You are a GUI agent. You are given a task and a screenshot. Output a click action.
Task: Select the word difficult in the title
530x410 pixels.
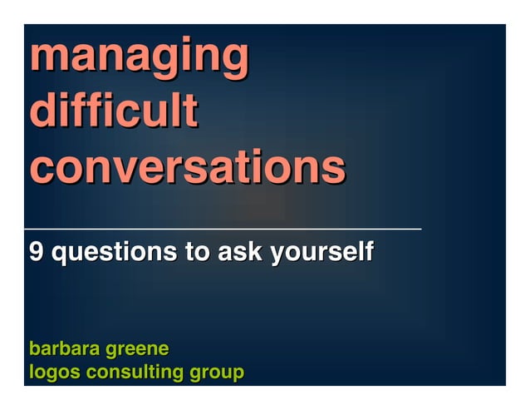click(x=113, y=111)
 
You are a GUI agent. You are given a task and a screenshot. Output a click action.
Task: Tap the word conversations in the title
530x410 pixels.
click(x=187, y=166)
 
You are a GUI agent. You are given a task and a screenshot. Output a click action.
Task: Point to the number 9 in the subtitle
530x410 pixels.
click(x=36, y=251)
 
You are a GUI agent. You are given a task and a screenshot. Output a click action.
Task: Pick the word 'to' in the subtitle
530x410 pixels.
click(x=197, y=251)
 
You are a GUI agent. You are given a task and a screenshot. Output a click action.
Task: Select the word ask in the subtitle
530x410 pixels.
click(x=238, y=251)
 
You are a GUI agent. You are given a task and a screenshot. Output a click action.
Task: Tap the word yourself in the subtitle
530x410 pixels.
click(x=321, y=252)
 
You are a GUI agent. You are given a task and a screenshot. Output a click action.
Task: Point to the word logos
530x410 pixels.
click(x=53, y=373)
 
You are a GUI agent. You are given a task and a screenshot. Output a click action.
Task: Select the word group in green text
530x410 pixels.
click(x=218, y=373)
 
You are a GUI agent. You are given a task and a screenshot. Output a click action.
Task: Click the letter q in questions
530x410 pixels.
click(x=60, y=254)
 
